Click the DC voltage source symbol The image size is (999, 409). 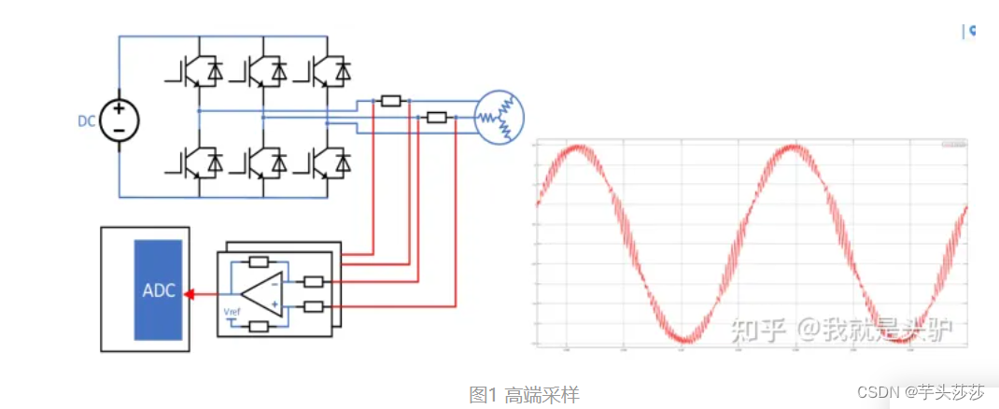pyautogui.click(x=120, y=119)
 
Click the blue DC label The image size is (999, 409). pyautogui.click(x=87, y=120)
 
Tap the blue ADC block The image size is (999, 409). pyautogui.click(x=158, y=289)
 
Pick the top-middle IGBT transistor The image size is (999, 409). pyautogui.click(x=258, y=69)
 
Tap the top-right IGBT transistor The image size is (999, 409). pyautogui.click(x=324, y=69)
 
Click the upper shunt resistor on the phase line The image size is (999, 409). pyautogui.click(x=391, y=100)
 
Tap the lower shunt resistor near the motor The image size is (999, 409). pyautogui.click(x=437, y=117)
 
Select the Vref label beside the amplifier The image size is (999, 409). pyautogui.click(x=232, y=310)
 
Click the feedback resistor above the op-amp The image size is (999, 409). pyautogui.click(x=260, y=262)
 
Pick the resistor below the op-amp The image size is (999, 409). pyautogui.click(x=260, y=326)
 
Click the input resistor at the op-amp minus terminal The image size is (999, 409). pyautogui.click(x=314, y=281)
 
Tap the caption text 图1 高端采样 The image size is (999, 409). pyautogui.click(x=524, y=395)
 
